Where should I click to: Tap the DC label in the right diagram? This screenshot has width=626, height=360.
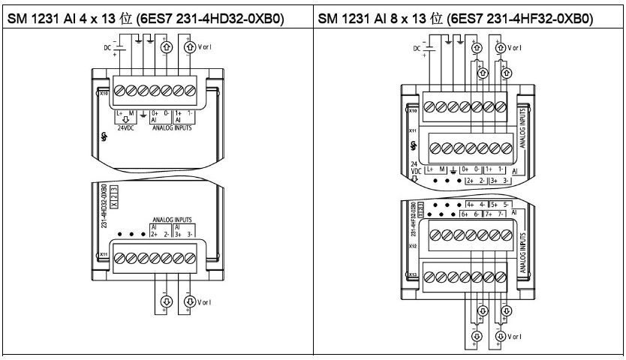click(418, 49)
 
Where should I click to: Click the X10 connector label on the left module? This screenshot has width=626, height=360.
click(104, 95)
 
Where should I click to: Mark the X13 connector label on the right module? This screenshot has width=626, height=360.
click(413, 275)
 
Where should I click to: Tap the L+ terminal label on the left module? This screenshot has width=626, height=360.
click(119, 112)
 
